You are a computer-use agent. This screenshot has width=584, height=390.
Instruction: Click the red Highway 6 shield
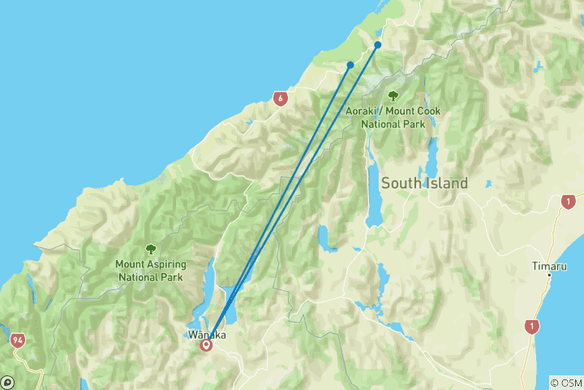[x=281, y=99]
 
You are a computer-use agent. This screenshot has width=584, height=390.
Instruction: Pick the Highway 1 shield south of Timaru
[x=531, y=327]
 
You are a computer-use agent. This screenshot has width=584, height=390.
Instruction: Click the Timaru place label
[x=549, y=266]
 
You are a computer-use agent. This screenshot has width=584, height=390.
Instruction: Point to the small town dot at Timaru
[x=549, y=275]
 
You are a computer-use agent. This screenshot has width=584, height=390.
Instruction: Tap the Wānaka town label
[x=206, y=334]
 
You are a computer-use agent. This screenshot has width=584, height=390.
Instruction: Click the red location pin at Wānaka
[x=206, y=344]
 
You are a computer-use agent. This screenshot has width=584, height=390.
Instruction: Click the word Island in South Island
[x=448, y=184]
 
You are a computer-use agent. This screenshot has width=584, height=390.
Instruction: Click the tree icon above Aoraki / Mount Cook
[x=393, y=97]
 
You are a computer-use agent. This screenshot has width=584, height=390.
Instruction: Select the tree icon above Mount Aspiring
[x=150, y=249]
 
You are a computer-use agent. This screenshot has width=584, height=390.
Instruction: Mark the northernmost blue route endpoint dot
[x=378, y=45]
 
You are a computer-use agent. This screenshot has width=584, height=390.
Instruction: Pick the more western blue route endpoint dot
[x=350, y=65]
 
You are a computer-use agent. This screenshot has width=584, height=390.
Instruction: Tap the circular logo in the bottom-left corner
[x=8, y=381]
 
